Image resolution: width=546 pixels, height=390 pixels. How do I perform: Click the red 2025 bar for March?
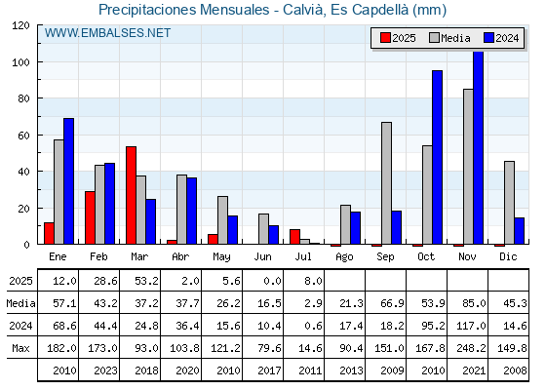point(131,195)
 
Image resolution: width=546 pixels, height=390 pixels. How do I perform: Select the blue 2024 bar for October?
point(438,157)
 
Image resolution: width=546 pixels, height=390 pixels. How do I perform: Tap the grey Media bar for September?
point(386,183)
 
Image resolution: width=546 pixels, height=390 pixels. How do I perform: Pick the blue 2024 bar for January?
point(68,181)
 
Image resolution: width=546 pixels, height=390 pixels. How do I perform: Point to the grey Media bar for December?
point(509,203)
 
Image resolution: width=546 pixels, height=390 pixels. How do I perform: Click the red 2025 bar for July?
point(294,237)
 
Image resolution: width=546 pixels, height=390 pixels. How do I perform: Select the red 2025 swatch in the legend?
point(385,38)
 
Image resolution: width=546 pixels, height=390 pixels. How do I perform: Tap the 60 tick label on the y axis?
point(23,136)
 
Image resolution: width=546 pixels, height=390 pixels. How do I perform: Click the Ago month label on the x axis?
point(344,257)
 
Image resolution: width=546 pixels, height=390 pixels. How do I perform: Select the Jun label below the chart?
point(262,257)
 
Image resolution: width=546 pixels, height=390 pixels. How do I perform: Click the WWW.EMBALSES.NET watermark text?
point(107,33)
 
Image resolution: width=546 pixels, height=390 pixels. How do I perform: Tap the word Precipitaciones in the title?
point(147,10)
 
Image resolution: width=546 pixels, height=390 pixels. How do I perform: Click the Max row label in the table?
point(20,348)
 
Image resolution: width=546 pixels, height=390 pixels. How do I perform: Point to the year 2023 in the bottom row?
point(105,370)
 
